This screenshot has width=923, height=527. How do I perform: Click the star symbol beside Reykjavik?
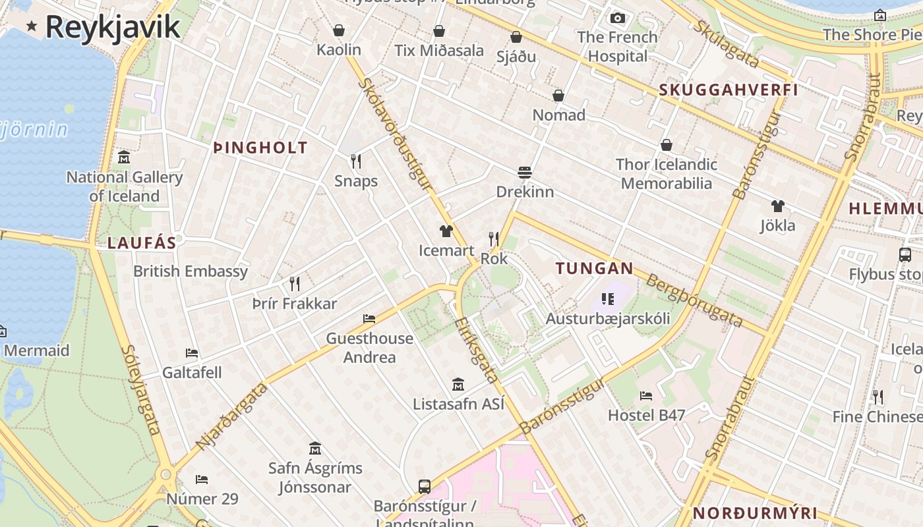pos(31,26)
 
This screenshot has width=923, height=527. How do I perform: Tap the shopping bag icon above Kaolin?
pos(339,30)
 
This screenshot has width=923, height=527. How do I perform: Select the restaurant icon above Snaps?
pos(356,161)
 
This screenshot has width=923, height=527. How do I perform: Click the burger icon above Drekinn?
pos(525,173)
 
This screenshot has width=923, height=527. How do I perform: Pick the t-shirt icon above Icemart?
pos(446,231)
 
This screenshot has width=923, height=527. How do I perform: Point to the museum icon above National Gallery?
pos(124,157)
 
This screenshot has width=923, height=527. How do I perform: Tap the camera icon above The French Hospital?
pos(617,18)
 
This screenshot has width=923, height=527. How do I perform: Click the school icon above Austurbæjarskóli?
pos(608,300)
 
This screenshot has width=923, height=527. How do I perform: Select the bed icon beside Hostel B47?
pos(646,396)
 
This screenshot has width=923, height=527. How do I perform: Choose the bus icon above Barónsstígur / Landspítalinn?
pos(425,487)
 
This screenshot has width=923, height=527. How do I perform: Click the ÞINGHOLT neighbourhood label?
pos(261,148)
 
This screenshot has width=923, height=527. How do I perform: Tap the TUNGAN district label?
pos(594,269)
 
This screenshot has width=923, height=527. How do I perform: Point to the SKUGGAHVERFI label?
pos(729,90)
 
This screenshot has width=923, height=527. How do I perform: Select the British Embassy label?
pos(191,271)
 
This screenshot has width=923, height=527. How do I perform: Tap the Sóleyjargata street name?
pos(141,390)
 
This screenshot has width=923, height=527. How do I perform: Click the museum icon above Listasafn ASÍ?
pos(458,385)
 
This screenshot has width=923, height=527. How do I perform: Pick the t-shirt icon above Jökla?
pos(778,206)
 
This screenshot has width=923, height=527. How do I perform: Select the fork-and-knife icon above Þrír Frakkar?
pos(295,284)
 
